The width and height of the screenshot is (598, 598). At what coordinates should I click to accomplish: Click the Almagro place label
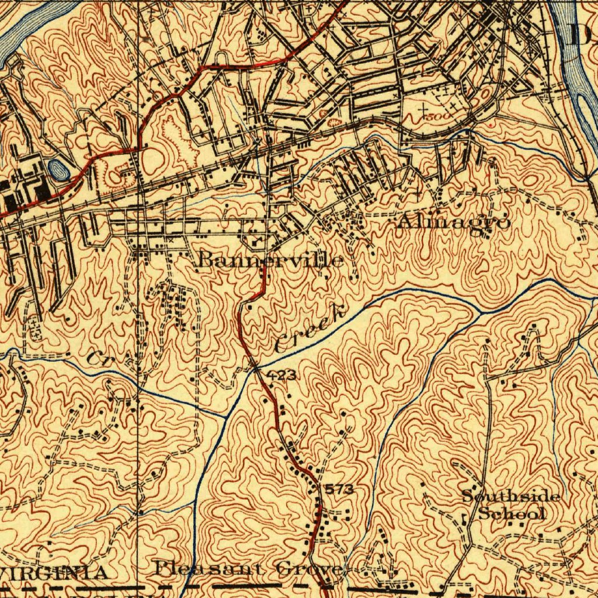(453, 222)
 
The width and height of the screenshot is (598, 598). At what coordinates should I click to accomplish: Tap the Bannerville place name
(270, 259)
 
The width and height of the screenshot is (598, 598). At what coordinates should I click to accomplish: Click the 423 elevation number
(282, 376)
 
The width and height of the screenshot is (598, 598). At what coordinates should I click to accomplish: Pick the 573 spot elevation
(339, 489)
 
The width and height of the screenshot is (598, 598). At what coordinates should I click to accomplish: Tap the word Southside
(511, 497)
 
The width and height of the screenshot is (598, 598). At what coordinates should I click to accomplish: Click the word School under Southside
(512, 514)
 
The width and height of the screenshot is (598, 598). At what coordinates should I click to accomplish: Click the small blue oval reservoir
(57, 169)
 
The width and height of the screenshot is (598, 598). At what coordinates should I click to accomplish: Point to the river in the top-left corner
(23, 35)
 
